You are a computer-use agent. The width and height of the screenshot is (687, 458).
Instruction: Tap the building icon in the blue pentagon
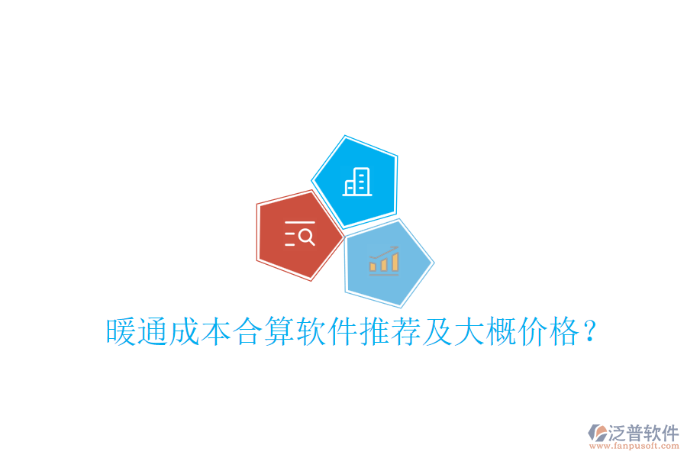click(x=356, y=182)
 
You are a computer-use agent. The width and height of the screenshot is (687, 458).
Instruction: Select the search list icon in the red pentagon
click(x=299, y=234)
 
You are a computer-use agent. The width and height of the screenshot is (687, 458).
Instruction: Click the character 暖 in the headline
click(x=120, y=333)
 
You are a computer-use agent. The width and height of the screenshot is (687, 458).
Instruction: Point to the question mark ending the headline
click(x=589, y=331)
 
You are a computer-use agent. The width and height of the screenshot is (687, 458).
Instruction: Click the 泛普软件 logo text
click(x=643, y=433)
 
